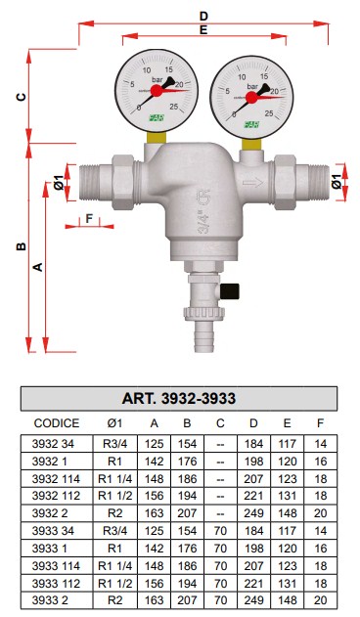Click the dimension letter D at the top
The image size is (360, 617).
tap(203, 17)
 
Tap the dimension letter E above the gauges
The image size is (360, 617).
tap(203, 30)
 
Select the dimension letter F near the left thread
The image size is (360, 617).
tap(89, 218)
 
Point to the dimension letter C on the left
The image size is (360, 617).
tap(22, 97)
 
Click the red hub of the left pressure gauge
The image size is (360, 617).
tap(157, 91)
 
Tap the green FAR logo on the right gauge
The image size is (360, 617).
tap(251, 125)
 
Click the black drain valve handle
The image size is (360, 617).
tap(230, 291)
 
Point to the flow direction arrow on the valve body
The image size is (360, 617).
tap(252, 183)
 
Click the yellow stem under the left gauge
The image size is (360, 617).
tap(157, 137)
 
